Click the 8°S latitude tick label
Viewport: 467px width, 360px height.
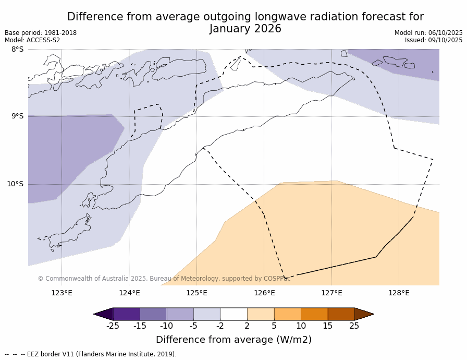click(x=17, y=50)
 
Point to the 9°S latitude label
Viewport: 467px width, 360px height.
click(x=17, y=116)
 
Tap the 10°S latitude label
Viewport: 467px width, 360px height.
click(x=15, y=184)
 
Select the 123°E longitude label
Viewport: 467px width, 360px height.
click(x=62, y=293)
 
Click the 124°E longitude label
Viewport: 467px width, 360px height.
click(x=129, y=293)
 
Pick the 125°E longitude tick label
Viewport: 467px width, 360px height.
click(x=196, y=293)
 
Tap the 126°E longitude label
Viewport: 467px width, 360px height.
click(x=264, y=293)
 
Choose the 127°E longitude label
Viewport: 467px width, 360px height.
click(x=331, y=293)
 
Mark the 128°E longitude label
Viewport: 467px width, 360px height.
click(x=399, y=293)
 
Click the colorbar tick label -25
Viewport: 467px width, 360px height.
click(x=112, y=326)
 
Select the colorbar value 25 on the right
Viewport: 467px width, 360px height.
click(x=354, y=326)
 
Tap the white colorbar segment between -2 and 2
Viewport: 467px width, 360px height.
click(x=233, y=314)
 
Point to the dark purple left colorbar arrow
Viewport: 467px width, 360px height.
click(x=103, y=314)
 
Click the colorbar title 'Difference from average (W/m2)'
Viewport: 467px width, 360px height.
click(x=233, y=340)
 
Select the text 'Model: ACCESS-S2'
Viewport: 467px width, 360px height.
click(x=32, y=40)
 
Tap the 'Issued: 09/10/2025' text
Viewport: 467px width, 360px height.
click(x=434, y=40)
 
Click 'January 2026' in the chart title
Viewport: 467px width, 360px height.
click(x=245, y=29)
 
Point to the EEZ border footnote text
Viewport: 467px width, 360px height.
click(x=91, y=354)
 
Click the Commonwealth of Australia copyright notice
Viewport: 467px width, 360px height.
click(x=164, y=279)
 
